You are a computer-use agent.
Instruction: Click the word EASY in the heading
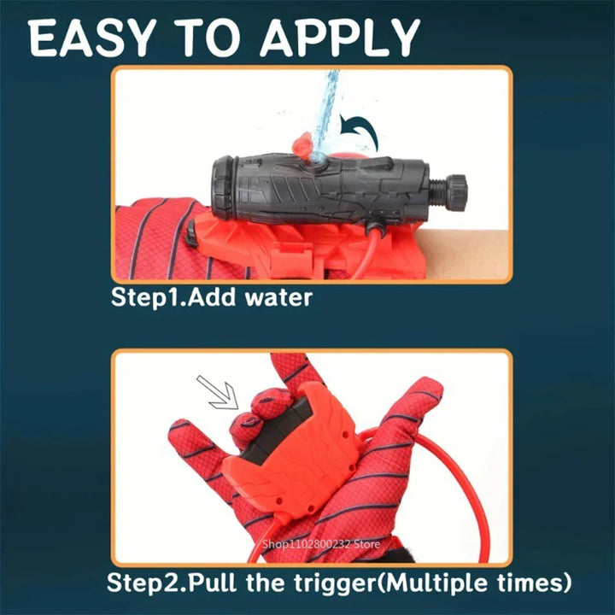tap(91, 38)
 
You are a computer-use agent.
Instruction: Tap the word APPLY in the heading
tap(340, 38)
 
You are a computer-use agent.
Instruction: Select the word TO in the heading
tap(207, 38)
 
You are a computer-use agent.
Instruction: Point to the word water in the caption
tap(278, 298)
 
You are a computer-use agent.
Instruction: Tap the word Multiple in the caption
tap(436, 583)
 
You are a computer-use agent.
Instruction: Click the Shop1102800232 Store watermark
tap(321, 544)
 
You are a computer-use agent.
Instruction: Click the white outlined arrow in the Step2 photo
tap(218, 393)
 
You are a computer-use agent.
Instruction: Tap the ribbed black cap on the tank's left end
tap(224, 188)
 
